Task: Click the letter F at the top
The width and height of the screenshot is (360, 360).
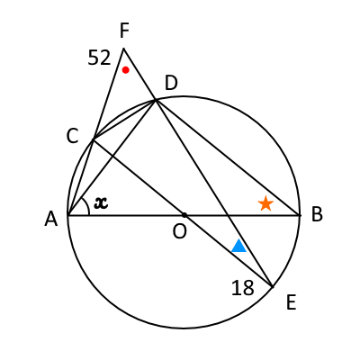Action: click(124, 31)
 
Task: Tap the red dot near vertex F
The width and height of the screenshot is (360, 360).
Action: click(126, 70)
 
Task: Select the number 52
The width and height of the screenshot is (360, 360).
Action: click(99, 58)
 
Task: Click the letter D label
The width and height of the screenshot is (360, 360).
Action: click(171, 84)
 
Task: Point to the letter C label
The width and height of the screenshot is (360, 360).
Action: click(73, 137)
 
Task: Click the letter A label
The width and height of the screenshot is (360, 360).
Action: click(51, 219)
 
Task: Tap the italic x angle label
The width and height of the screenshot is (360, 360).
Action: click(101, 203)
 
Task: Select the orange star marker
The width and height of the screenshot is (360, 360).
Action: click(265, 203)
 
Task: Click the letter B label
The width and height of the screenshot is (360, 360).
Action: click(317, 214)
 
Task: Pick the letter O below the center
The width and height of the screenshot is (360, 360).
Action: click(180, 231)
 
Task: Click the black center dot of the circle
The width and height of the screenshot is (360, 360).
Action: click(184, 215)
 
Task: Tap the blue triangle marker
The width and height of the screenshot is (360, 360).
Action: click(239, 246)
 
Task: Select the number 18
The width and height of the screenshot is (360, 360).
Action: click(243, 288)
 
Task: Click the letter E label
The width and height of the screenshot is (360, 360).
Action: click(292, 302)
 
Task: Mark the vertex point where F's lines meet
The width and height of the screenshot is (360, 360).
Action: click(123, 48)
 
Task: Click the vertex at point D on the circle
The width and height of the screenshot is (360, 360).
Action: click(156, 100)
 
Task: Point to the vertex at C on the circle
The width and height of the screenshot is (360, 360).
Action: click(94, 139)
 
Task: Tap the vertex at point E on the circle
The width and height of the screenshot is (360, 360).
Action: click(273, 287)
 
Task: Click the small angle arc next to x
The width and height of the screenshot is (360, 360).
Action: click(87, 206)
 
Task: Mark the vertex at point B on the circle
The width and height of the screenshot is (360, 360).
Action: click(300, 215)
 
